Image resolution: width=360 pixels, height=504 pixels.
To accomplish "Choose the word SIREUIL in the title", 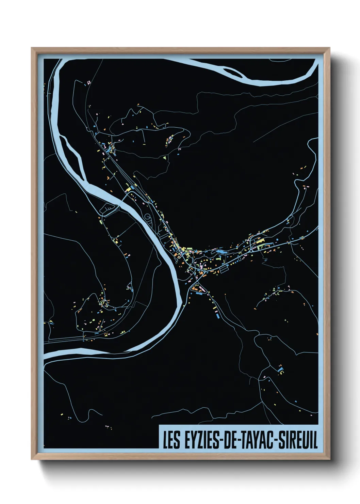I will pyautogui.click(x=298, y=440).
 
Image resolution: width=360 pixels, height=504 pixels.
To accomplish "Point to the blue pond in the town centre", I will pyautogui.click(x=220, y=251).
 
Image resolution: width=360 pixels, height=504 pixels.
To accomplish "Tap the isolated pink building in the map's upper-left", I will pyautogui.click(x=89, y=82).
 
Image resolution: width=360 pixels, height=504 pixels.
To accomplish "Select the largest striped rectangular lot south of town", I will pyautogui.click(x=224, y=269).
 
